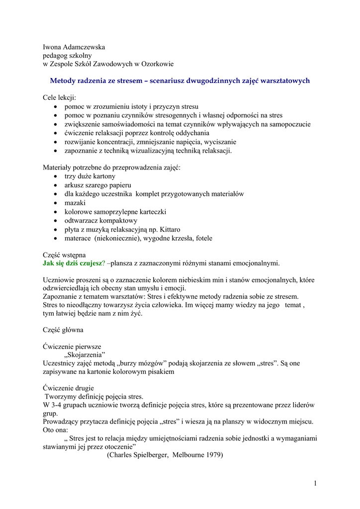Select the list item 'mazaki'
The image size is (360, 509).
pyautogui.click(x=75, y=203)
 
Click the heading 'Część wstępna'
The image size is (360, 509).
pyautogui.click(x=64, y=254)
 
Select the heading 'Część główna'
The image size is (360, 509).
pyautogui.click(x=63, y=330)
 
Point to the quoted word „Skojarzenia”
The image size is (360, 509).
pyautogui.click(x=85, y=355)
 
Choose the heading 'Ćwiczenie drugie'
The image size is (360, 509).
pyautogui.click(x=68, y=388)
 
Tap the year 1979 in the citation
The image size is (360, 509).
pyautogui.click(x=212, y=455)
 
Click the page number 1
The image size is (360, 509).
pyautogui.click(x=315, y=483)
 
